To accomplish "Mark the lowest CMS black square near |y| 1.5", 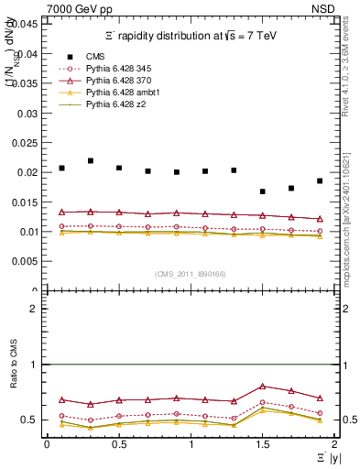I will click(263, 191).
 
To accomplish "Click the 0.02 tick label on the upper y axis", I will click(29, 172).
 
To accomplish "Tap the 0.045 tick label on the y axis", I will click(27, 24).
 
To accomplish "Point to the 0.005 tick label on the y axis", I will click(27, 261).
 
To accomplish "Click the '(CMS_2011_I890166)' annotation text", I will click(191, 274).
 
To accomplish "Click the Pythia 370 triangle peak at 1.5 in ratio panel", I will click(263, 387).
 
